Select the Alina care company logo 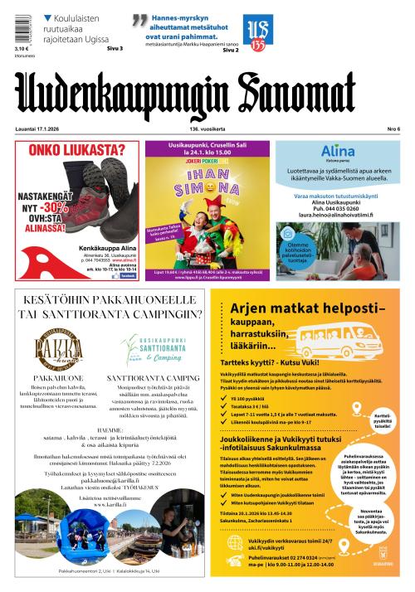337,150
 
